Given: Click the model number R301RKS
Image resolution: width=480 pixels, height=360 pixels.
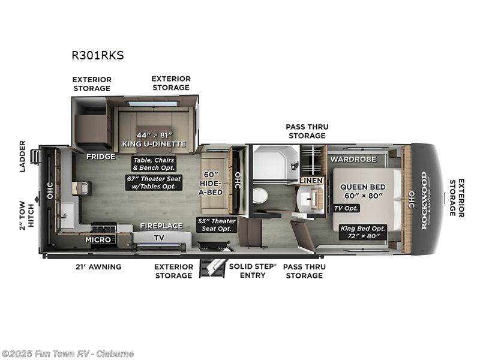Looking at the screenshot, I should [x=98, y=56].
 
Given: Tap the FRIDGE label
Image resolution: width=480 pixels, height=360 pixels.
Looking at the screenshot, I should [x=101, y=157].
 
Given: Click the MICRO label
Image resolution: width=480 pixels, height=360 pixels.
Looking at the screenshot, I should [x=98, y=239].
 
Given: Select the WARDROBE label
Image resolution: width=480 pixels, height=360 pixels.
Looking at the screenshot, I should [x=353, y=159].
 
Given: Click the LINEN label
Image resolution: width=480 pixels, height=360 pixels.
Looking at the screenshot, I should [x=311, y=181].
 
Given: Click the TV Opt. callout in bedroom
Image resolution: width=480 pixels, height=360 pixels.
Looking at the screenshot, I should [x=347, y=208].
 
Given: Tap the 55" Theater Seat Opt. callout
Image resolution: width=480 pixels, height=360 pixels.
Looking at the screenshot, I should [x=217, y=225].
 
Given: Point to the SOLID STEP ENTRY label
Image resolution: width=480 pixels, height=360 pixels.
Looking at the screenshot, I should [x=252, y=271].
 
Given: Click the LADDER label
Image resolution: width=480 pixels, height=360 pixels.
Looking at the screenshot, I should [x=23, y=156].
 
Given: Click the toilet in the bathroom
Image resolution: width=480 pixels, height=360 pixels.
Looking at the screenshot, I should [x=260, y=196].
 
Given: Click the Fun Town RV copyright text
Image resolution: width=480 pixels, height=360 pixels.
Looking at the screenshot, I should [x=68, y=353].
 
